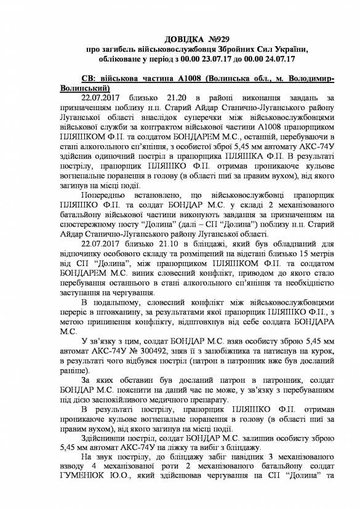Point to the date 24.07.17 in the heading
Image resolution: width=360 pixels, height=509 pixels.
[279, 59]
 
